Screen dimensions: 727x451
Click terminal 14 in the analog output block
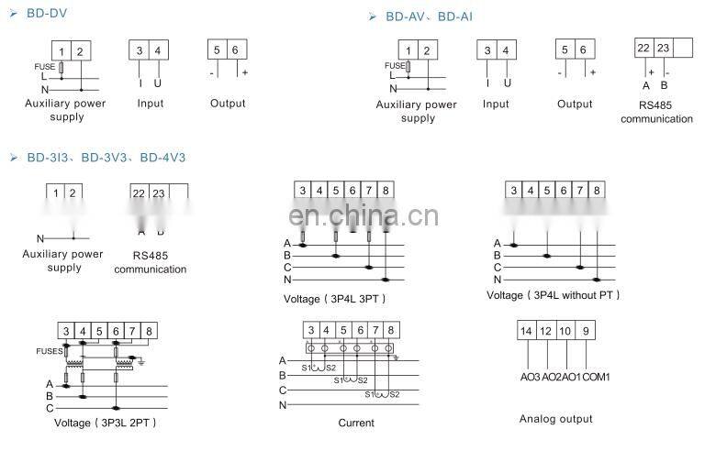tap(525, 330)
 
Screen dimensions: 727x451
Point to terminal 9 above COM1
tap(587, 330)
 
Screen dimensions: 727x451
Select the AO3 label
tap(530, 377)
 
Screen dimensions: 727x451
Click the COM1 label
tap(596, 377)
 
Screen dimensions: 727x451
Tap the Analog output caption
tap(555, 419)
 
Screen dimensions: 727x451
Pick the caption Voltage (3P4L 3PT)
tap(335, 299)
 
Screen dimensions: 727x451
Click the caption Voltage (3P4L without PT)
tap(554, 295)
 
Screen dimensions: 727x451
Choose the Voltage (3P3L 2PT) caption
tap(106, 423)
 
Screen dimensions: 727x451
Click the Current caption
tap(356, 423)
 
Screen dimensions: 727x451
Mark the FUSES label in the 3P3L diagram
tap(50, 350)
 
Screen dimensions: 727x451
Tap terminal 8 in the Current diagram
tap(391, 330)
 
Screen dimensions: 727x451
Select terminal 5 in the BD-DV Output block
tap(217, 50)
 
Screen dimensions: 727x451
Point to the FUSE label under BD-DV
tap(43, 67)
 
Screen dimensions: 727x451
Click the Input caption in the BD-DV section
tap(151, 104)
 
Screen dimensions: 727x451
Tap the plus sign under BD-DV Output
tap(244, 71)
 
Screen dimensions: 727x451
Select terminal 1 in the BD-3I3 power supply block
tap(56, 192)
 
